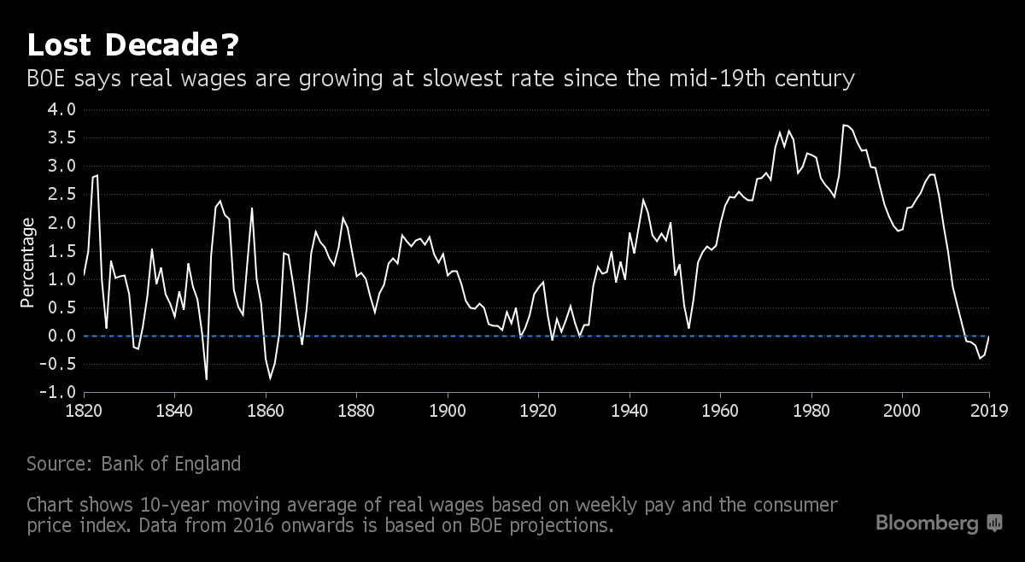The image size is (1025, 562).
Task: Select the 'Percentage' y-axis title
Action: (28, 262)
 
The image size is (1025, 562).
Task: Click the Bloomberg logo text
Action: (928, 523)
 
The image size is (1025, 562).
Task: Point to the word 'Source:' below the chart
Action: (60, 464)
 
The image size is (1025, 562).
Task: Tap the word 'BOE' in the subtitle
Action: (49, 79)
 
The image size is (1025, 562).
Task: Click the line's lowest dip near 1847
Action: (207, 379)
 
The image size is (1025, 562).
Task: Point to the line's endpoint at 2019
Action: (989, 337)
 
